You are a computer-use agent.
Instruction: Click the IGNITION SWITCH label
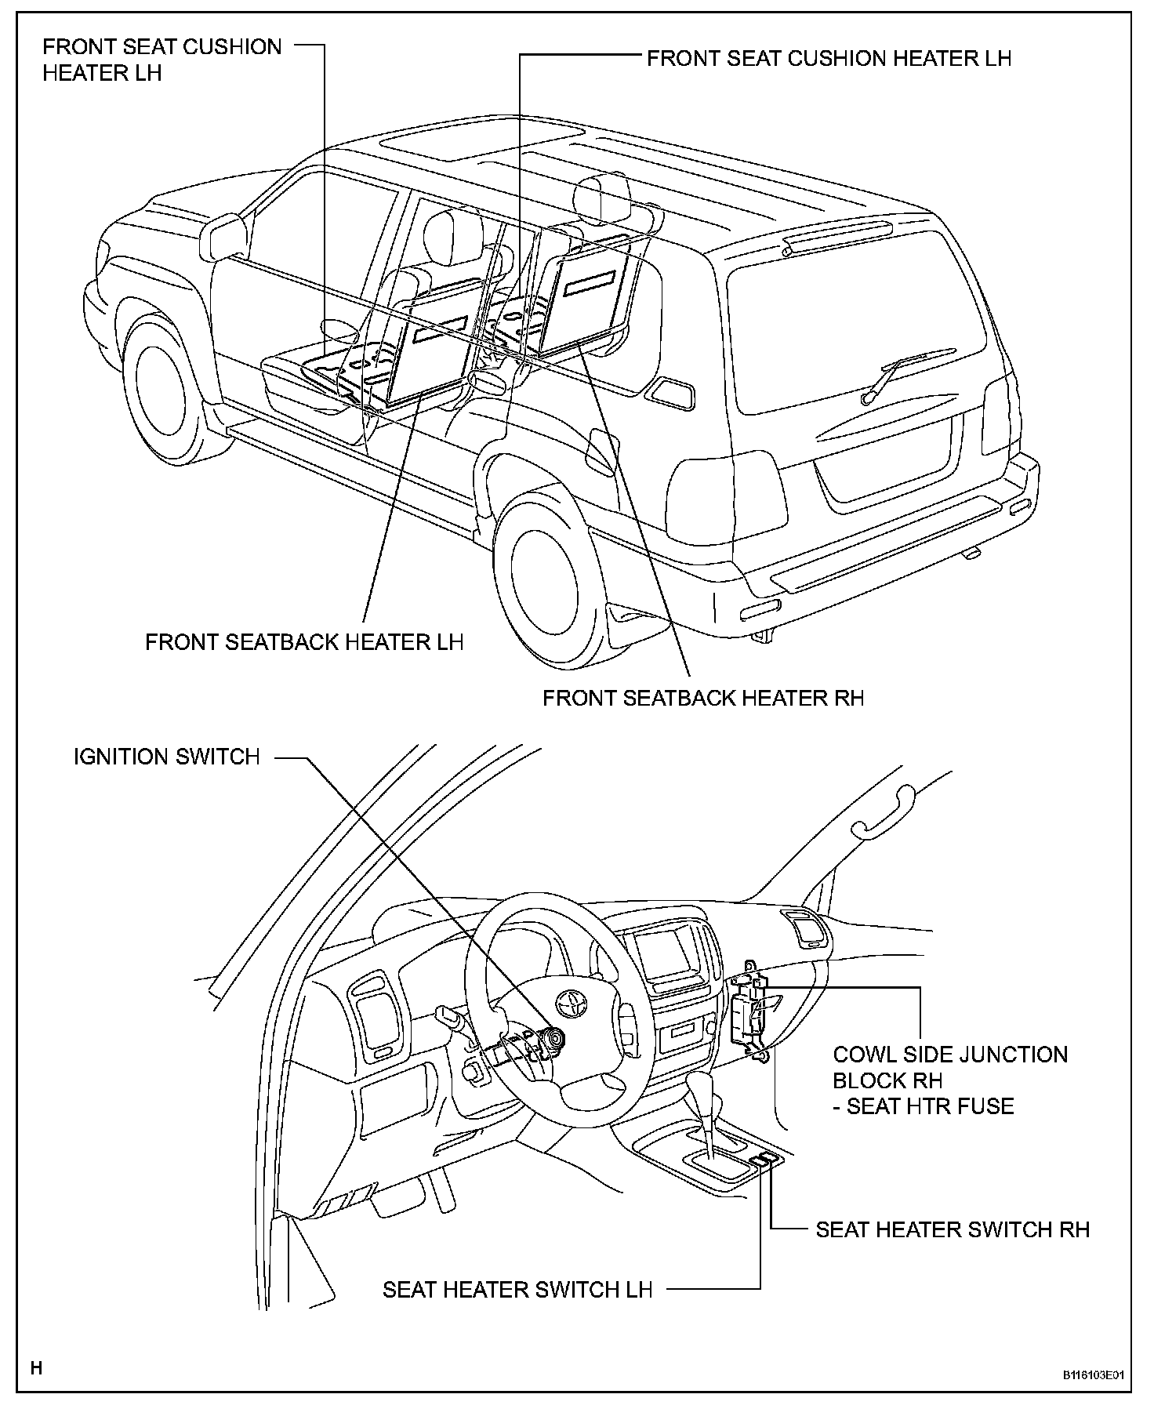click(x=166, y=757)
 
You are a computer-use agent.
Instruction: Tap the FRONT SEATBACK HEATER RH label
click(x=703, y=698)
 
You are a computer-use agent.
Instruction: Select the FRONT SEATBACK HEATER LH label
click(x=304, y=642)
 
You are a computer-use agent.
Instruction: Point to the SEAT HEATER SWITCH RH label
click(x=953, y=1229)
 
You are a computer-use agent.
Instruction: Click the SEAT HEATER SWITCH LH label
click(x=517, y=1290)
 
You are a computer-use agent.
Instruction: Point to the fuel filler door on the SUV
click(x=673, y=392)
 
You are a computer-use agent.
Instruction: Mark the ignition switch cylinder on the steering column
click(x=556, y=1039)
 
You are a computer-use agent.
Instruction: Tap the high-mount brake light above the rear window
click(x=836, y=235)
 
